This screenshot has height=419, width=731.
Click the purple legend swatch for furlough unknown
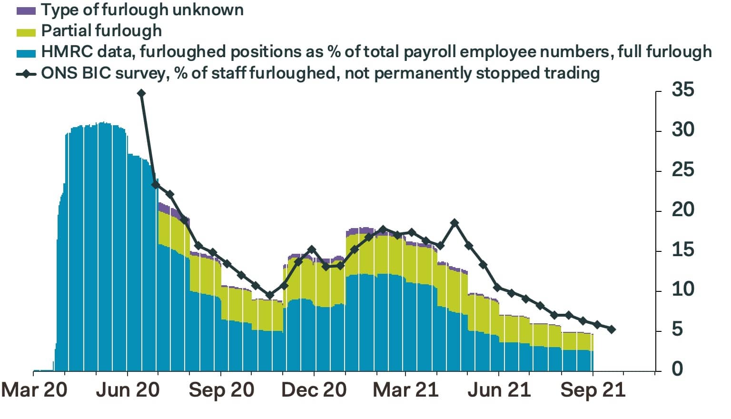(x=26, y=10)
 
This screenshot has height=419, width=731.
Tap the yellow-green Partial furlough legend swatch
(x=26, y=32)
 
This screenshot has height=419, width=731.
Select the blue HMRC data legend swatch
(x=26, y=52)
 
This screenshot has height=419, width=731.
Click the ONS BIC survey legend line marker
(x=26, y=74)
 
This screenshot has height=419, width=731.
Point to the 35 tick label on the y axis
(x=682, y=90)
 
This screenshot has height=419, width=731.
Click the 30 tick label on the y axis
(x=682, y=130)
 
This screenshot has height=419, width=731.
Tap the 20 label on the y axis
(x=682, y=209)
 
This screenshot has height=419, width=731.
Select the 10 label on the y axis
(x=682, y=289)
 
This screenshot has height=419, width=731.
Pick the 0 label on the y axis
(x=677, y=369)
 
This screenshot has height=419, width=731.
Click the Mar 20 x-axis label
(x=34, y=390)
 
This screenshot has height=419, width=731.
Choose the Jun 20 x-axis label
(x=128, y=390)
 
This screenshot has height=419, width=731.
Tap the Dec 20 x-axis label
(x=314, y=390)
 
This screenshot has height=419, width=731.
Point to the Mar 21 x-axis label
(x=405, y=390)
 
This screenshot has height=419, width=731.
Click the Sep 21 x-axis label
(x=593, y=390)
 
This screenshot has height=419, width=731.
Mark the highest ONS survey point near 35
(x=141, y=93)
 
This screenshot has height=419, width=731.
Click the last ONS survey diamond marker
(x=612, y=329)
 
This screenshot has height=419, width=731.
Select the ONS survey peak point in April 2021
(x=454, y=222)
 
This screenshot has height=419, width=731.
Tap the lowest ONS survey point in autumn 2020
(x=270, y=295)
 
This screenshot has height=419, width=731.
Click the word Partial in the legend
(x=64, y=31)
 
